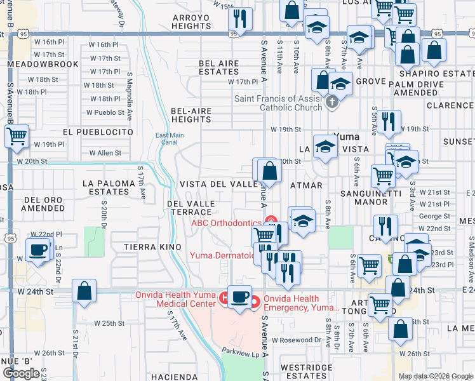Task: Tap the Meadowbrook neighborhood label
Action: pyautogui.click(x=43, y=64)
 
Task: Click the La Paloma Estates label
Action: pyautogui.click(x=109, y=187)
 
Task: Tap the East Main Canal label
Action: pyautogui.click(x=170, y=138)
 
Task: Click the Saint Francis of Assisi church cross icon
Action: pyautogui.click(x=331, y=102)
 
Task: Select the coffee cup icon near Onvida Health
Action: pyautogui.click(x=240, y=298)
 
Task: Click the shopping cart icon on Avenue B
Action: pyautogui.click(x=17, y=136)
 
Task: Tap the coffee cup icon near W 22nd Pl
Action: pyautogui.click(x=38, y=249)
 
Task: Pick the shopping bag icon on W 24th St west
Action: pyautogui.click(x=84, y=292)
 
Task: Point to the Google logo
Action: pyautogui.click(x=22, y=373)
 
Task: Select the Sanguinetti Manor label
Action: pyautogui.click(x=364, y=197)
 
